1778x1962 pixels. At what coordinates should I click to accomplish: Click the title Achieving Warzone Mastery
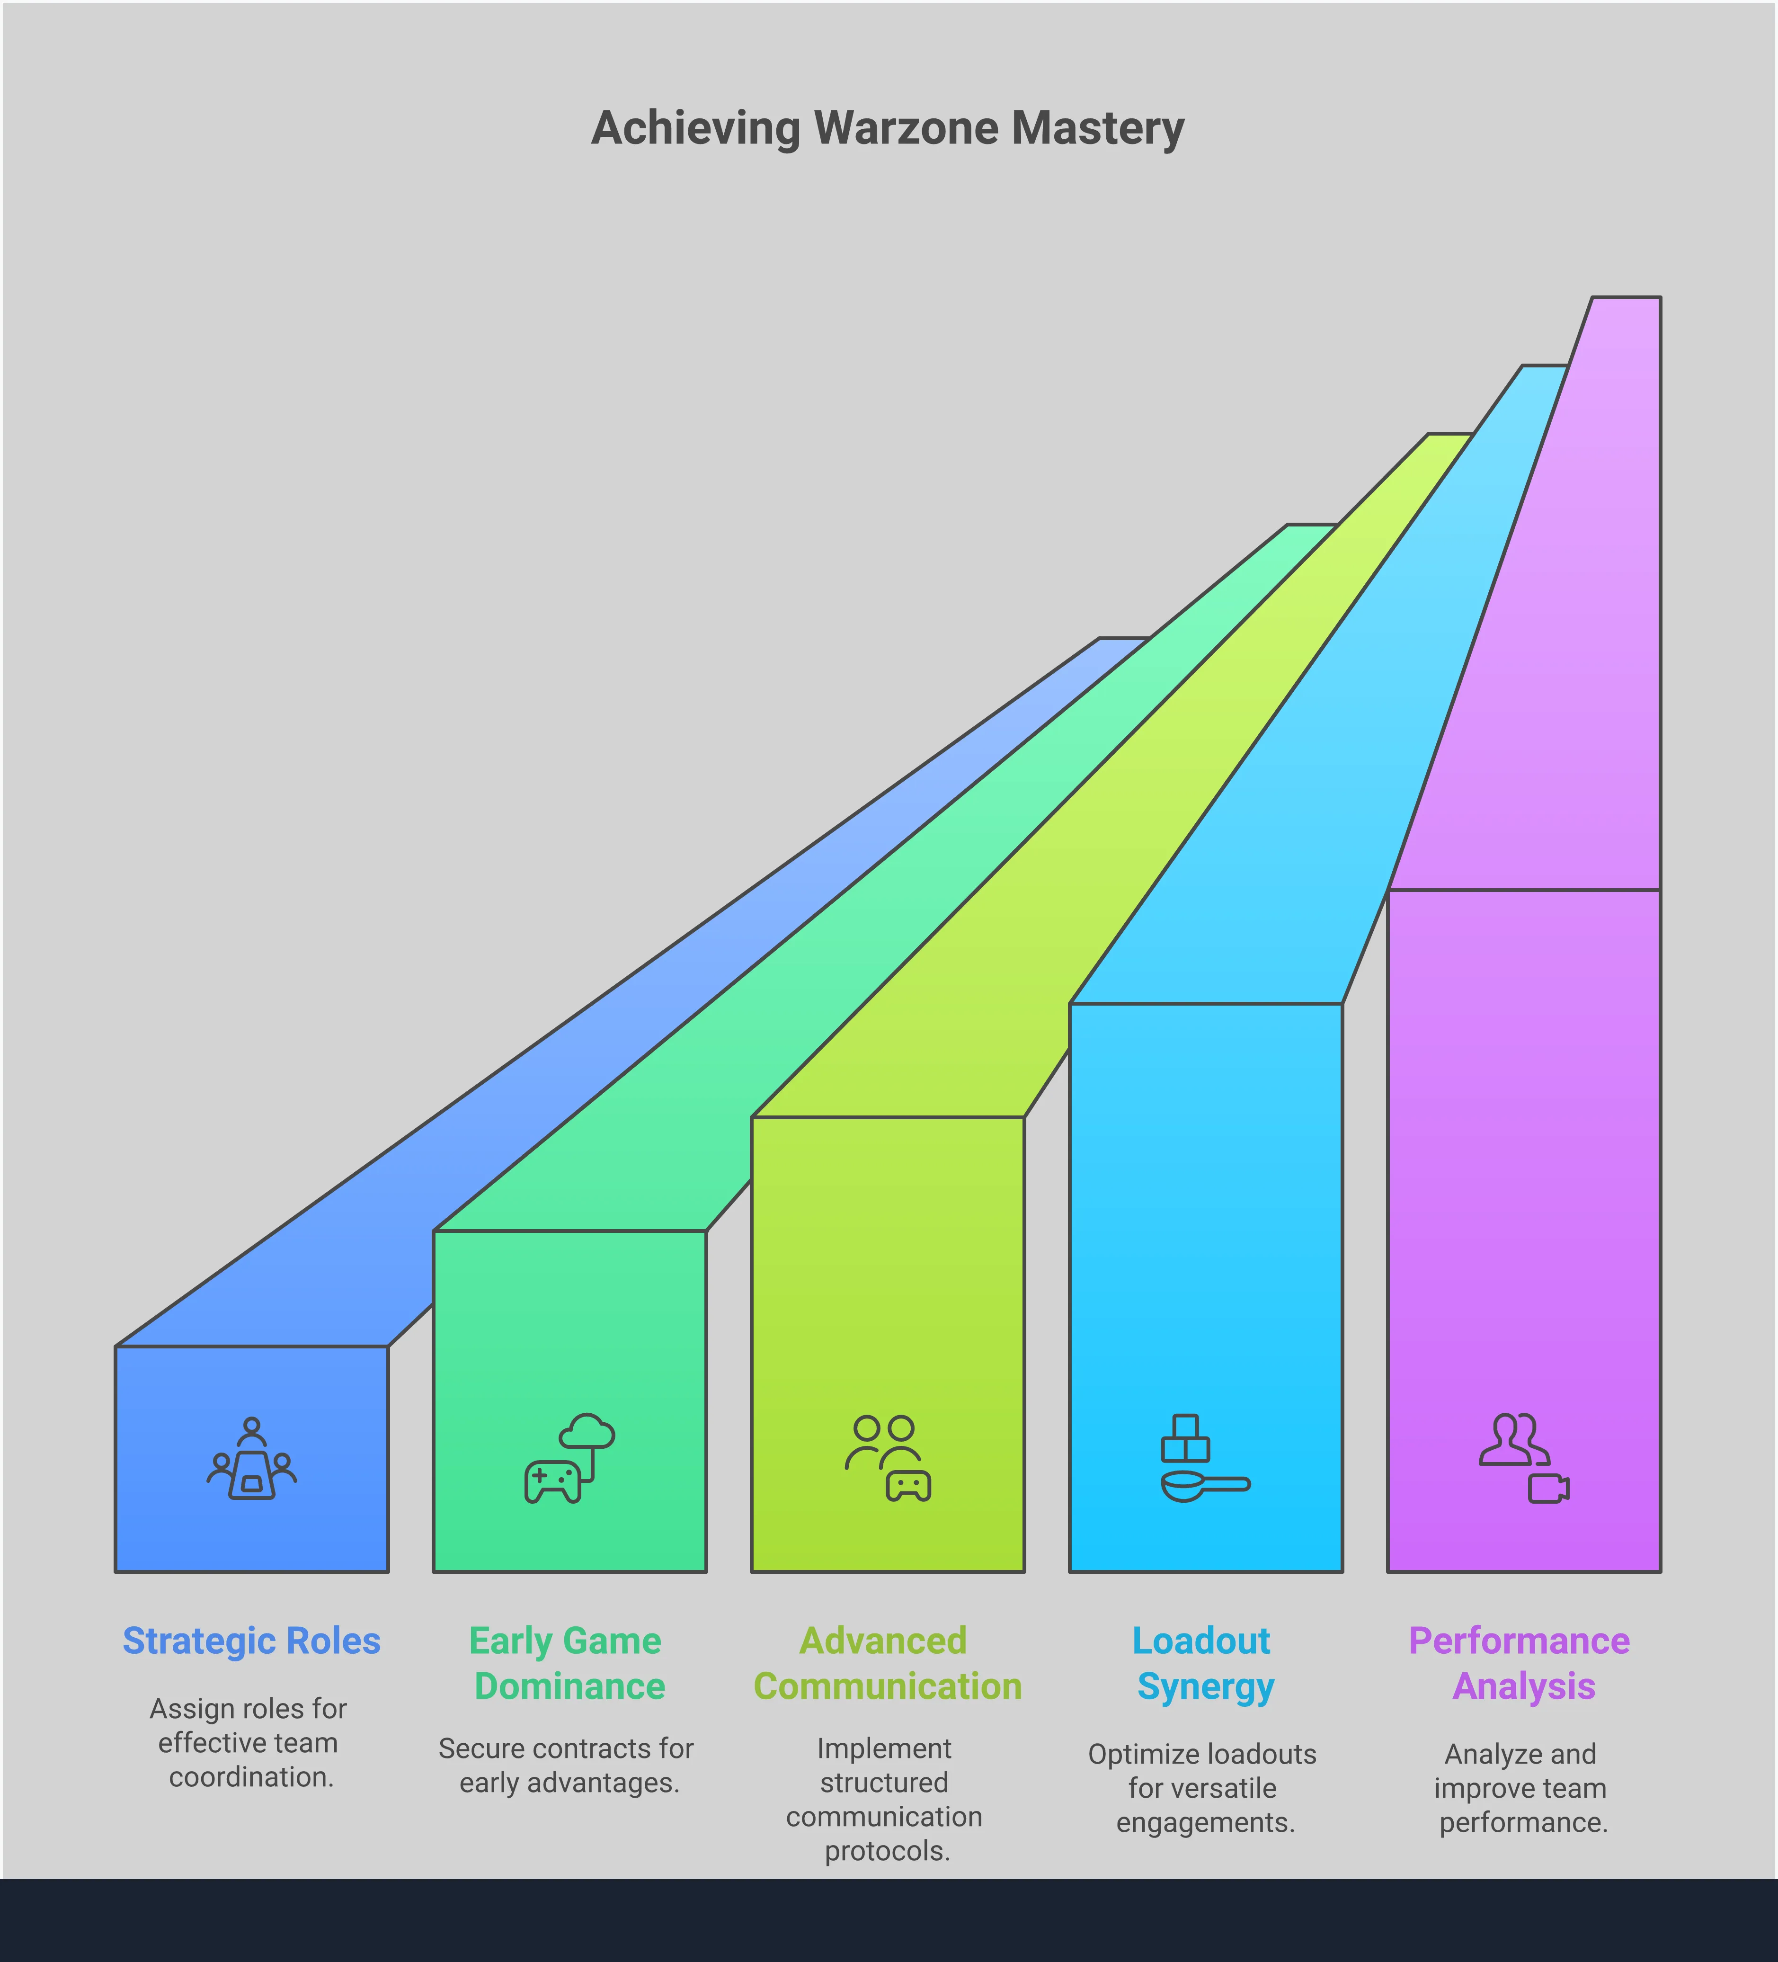(x=888, y=128)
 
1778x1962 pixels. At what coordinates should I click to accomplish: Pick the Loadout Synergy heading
(x=1204, y=1663)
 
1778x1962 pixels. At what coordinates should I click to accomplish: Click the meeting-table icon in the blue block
(x=252, y=1459)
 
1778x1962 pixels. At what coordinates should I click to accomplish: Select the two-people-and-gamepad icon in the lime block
(x=888, y=1458)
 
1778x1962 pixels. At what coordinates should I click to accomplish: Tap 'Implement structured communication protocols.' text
(x=885, y=1800)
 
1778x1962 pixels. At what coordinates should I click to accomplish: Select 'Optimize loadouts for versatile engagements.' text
(x=1203, y=1788)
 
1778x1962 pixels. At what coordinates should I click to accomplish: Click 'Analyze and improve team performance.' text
(x=1521, y=1788)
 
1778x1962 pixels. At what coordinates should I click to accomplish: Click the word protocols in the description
(x=887, y=1851)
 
